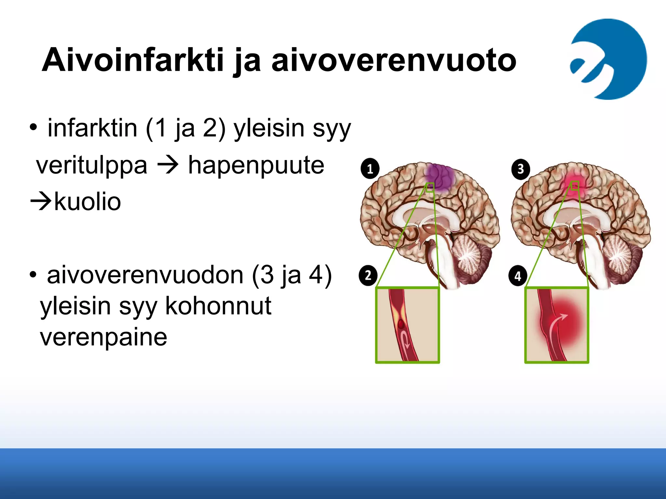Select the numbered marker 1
click(x=370, y=169)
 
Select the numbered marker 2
click(x=368, y=276)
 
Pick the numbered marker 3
click(x=520, y=169)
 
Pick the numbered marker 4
click(x=518, y=276)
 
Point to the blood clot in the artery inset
click(x=401, y=324)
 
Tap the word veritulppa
click(x=92, y=166)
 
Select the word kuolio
click(x=87, y=202)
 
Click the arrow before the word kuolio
click(x=40, y=201)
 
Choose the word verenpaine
click(x=103, y=337)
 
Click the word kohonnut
click(x=218, y=306)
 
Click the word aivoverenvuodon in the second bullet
click(x=145, y=275)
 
